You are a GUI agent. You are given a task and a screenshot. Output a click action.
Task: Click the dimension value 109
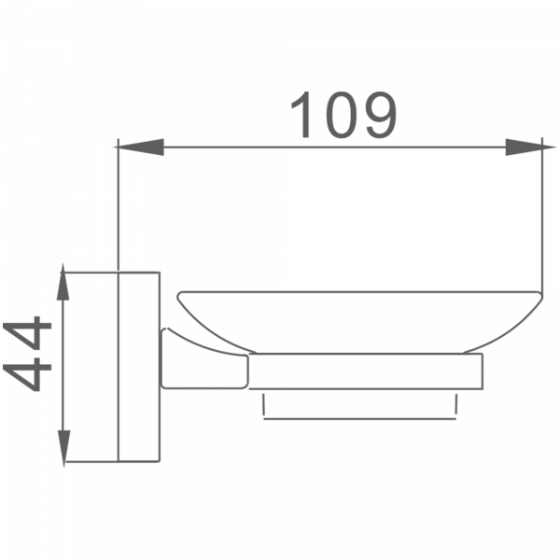coord(343,114)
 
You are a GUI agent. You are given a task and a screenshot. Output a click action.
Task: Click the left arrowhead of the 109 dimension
coord(135,147)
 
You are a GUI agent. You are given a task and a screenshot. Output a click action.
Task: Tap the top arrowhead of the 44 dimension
coord(63,280)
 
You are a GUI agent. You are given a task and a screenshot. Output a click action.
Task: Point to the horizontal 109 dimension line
coord(327,147)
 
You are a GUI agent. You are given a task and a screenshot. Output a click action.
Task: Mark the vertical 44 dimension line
coord(63,364)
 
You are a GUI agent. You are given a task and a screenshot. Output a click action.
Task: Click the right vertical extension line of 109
coord(544,215)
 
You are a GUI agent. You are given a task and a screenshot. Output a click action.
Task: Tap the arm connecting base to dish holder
coord(201,359)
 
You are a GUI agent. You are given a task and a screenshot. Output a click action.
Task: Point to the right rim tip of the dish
coord(541,297)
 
